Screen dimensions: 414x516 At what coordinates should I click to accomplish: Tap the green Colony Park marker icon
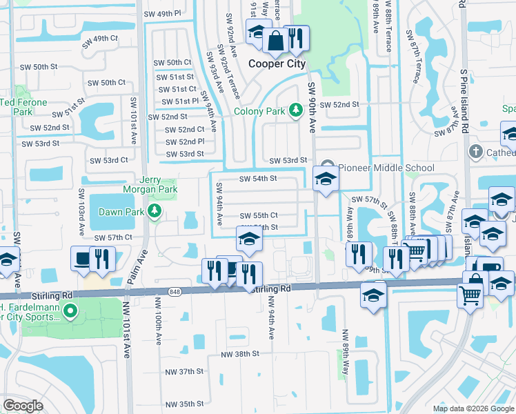tap(296, 110)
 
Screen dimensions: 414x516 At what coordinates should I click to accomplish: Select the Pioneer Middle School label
tap(386, 168)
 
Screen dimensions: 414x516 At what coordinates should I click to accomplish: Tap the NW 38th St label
tap(240, 354)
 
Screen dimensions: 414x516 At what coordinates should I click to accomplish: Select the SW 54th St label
tap(258, 179)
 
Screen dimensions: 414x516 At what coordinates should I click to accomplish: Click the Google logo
tap(23, 406)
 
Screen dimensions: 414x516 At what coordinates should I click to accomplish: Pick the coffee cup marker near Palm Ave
tap(83, 259)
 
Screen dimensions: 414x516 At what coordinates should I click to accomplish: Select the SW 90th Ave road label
tap(311, 107)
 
